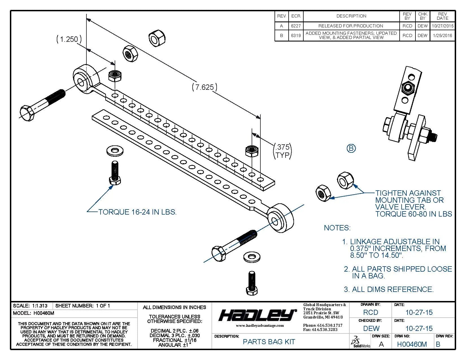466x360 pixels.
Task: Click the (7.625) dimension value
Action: click(x=205, y=87)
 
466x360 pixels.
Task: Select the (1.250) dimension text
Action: click(x=69, y=39)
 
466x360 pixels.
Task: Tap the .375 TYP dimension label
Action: click(x=282, y=151)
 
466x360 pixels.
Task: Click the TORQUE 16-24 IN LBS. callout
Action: click(x=137, y=212)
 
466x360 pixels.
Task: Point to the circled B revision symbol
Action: click(x=351, y=148)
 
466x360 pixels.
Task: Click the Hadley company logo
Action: click(x=257, y=315)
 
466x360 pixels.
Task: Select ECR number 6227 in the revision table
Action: click(x=296, y=26)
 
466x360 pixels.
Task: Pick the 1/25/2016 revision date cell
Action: click(x=442, y=36)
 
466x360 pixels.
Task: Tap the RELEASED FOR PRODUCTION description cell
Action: click(x=351, y=26)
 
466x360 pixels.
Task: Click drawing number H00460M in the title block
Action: click(x=412, y=344)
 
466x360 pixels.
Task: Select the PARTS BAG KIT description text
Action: click(x=269, y=342)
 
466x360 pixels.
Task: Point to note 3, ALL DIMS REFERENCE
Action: click(x=389, y=289)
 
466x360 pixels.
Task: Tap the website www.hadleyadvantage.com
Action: click(x=260, y=326)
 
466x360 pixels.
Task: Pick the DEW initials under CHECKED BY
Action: click(x=371, y=328)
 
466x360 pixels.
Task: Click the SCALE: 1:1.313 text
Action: click(x=30, y=306)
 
